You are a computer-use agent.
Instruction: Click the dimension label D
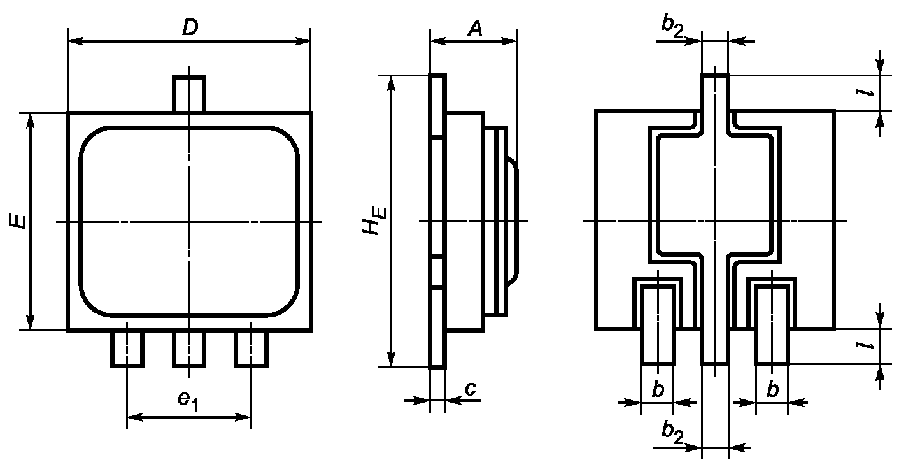[x=190, y=27]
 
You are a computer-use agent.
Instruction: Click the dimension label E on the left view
[x=18, y=221]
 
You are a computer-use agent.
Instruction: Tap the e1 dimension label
[x=188, y=400]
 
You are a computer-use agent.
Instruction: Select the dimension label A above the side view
[x=475, y=29]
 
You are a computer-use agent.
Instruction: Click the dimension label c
[x=471, y=389]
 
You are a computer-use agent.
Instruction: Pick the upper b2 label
[x=672, y=25]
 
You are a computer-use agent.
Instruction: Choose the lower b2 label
[x=672, y=433]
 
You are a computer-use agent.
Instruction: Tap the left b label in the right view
[x=658, y=389]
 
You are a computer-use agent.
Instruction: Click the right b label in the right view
[x=772, y=389]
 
